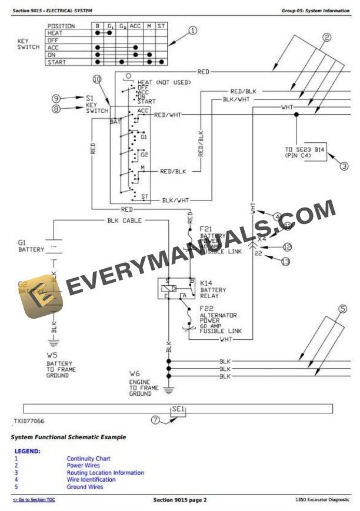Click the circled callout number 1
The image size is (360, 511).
(193, 31)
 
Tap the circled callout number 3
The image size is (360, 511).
(345, 166)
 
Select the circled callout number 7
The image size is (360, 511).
(155, 420)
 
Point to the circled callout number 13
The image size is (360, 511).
(286, 260)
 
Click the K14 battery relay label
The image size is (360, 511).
(206, 282)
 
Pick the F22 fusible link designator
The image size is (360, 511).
(206, 308)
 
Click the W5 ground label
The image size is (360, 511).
(52, 355)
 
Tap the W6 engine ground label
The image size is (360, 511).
(135, 373)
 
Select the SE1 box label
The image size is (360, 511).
(178, 408)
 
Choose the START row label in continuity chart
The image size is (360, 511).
(61, 62)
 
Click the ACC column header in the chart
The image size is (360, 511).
(135, 26)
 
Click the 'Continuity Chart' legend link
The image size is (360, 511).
(88, 459)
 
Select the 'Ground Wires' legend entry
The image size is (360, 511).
(85, 487)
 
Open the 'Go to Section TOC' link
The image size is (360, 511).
(34, 500)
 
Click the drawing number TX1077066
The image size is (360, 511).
(29, 422)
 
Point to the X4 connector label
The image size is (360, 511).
(262, 239)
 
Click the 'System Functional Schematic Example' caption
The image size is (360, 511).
(68, 437)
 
